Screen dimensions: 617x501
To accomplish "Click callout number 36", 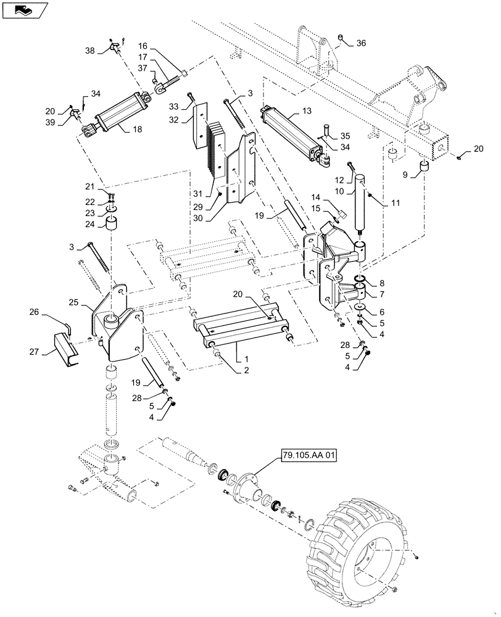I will pos(361,43).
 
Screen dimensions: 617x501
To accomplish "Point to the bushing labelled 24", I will pos(112,223).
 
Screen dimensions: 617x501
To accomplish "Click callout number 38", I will pos(90,51).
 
